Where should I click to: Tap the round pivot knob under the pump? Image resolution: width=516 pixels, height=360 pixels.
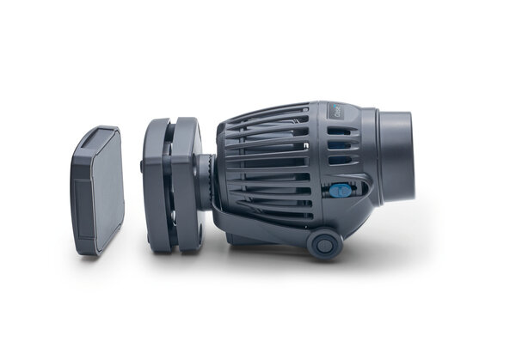(324, 244)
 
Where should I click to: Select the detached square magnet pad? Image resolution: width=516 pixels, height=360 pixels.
(96, 190)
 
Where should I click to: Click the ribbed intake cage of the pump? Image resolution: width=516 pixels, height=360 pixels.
(267, 163)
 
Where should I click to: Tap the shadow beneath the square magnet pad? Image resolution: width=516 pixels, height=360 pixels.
(99, 258)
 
